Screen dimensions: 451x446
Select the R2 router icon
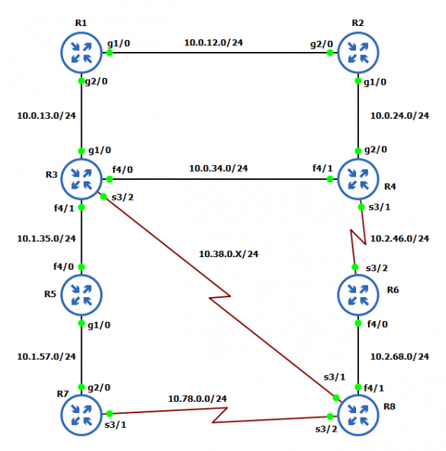pos(358,52)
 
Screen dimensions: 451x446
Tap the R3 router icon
pos(81,178)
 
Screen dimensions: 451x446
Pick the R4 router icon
pos(358,178)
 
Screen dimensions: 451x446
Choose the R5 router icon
pos(81,293)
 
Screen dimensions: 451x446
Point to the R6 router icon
pos(358,293)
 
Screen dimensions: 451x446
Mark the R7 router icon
pos(81,413)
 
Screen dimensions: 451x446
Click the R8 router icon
pos(358,413)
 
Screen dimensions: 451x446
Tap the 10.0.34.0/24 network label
pos(218,168)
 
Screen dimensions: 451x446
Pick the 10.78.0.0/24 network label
pos(197,398)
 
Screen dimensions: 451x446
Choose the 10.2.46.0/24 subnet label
pos(400,239)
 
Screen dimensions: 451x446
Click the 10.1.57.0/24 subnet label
pos(47,356)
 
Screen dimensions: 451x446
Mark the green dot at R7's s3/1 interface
pos(109,413)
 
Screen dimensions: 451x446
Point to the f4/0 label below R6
pos(379,324)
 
